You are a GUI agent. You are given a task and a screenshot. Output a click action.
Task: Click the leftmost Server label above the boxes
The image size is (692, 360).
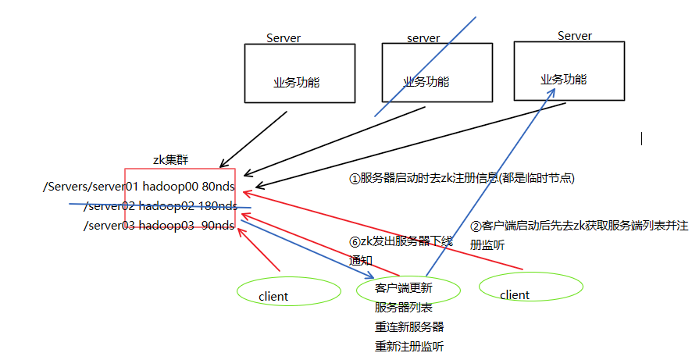coord(283,37)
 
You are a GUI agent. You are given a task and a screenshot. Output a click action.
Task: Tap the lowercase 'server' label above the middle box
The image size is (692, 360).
coord(423,38)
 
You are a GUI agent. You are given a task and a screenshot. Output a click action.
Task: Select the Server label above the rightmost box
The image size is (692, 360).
coord(574,36)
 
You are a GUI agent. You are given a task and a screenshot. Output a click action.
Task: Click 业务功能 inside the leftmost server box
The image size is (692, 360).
coord(296,82)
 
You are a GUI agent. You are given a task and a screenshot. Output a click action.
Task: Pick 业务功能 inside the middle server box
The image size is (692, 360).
coord(426,81)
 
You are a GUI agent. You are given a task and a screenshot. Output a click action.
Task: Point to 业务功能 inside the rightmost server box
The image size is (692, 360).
coord(563,80)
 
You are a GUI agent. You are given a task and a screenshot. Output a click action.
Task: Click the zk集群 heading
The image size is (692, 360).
coord(170,159)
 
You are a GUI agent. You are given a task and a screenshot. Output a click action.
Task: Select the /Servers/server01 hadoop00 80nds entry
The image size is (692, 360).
coord(140,187)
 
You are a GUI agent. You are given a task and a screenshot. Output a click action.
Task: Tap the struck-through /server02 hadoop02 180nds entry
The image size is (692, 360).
coord(160,206)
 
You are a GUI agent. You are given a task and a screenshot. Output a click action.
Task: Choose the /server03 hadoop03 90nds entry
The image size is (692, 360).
coord(159,226)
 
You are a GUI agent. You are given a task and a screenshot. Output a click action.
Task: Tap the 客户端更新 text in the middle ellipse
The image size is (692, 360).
coord(403,288)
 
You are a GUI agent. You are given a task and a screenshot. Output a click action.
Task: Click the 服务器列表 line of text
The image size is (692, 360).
coord(403,307)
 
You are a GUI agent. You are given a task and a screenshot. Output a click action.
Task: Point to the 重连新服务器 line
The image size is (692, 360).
coord(408,326)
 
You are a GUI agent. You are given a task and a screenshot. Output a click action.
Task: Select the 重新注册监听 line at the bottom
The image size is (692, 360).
coord(408,346)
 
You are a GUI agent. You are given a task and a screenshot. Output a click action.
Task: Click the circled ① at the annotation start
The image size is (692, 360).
coord(355,178)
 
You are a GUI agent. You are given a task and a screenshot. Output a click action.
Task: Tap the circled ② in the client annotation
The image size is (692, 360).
coord(476,226)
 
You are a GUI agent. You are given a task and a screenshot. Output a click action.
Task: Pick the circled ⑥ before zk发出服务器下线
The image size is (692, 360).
coord(355,241)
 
